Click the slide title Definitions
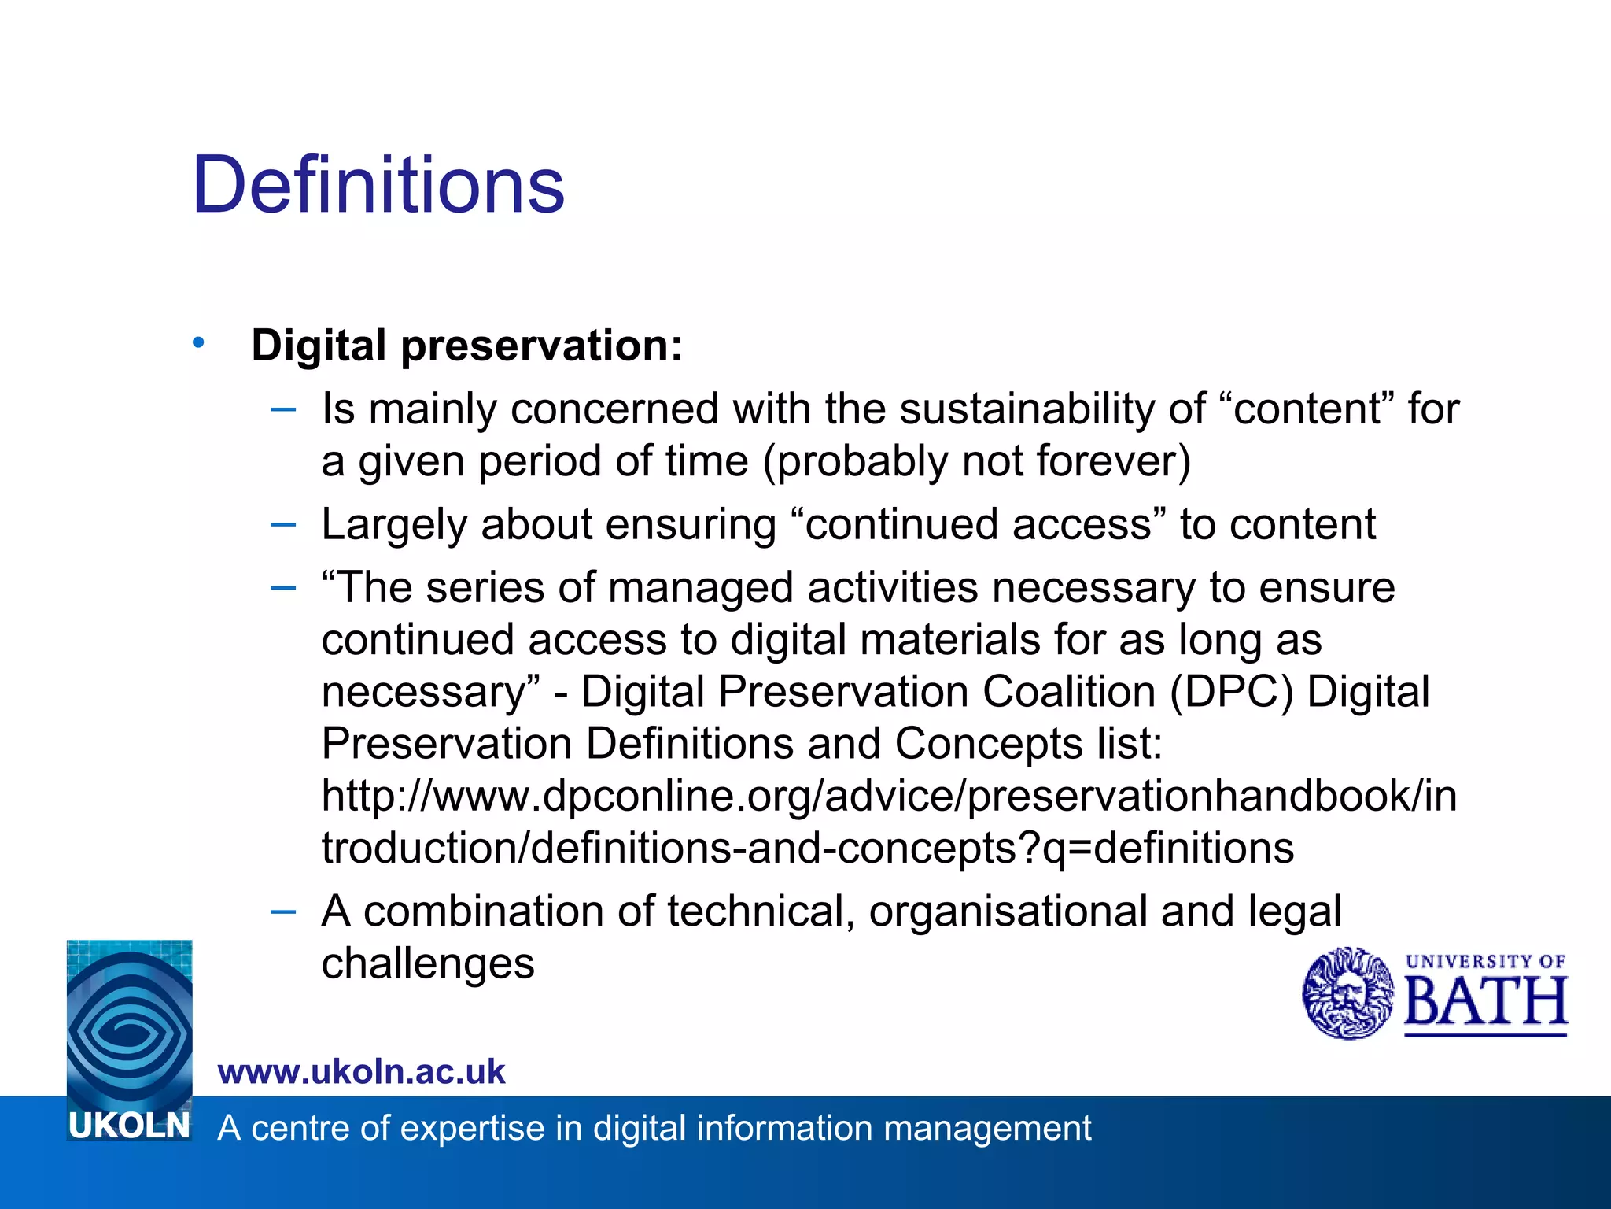pos(378,186)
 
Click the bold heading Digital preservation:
pos(466,346)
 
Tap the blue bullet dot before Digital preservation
pos(198,342)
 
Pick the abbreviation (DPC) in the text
pos(1231,693)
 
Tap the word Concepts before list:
pos(989,745)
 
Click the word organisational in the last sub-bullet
pos(1008,911)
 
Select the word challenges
pos(428,964)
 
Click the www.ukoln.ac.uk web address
pos(361,1072)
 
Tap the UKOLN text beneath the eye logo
pos(129,1126)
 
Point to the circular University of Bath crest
pos(1347,993)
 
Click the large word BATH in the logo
pos(1485,1003)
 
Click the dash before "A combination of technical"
pos(282,911)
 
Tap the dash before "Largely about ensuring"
pos(282,524)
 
